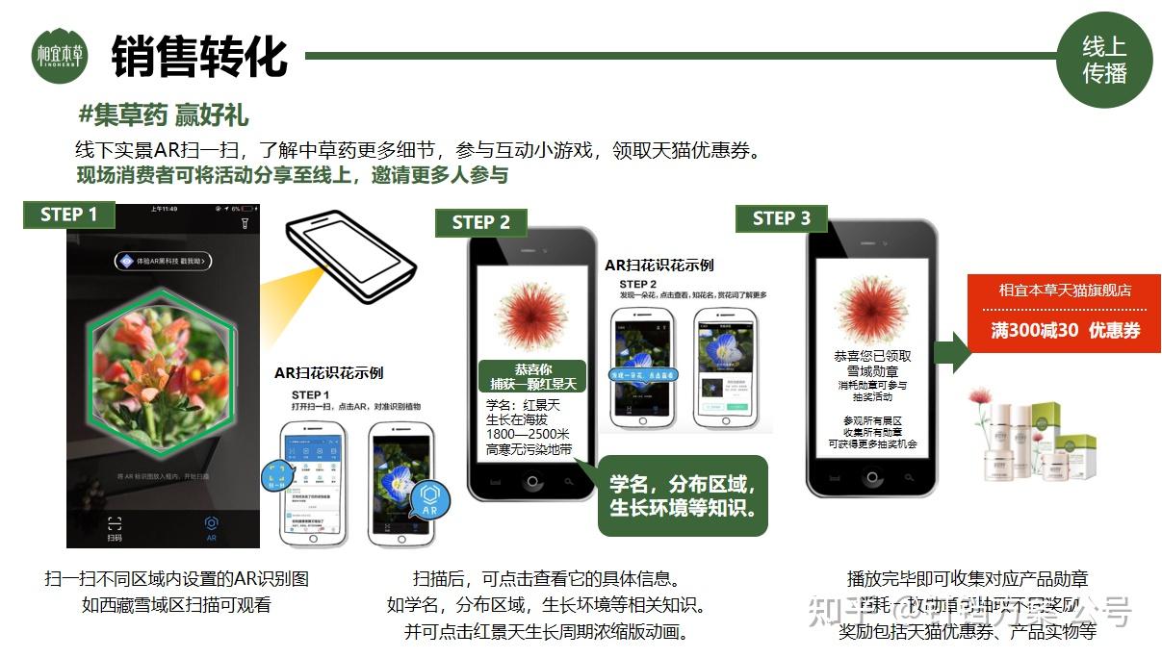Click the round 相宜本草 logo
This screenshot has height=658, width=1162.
click(x=60, y=55)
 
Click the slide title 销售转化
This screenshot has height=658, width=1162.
click(x=199, y=56)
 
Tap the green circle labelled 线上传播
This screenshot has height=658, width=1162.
click(x=1104, y=60)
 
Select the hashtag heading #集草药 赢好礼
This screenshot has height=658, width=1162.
click(x=164, y=115)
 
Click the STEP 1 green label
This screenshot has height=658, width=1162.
click(x=68, y=215)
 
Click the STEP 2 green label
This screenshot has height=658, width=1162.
click(x=481, y=222)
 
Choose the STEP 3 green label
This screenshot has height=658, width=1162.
click(x=781, y=218)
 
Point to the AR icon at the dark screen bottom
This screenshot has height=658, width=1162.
click(x=212, y=527)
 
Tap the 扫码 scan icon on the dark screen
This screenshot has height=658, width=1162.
click(x=115, y=527)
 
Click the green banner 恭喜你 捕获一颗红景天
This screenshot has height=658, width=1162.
click(x=532, y=376)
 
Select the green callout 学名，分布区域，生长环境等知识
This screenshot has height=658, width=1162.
click(x=683, y=495)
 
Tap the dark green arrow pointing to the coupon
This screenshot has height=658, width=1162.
click(x=952, y=353)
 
